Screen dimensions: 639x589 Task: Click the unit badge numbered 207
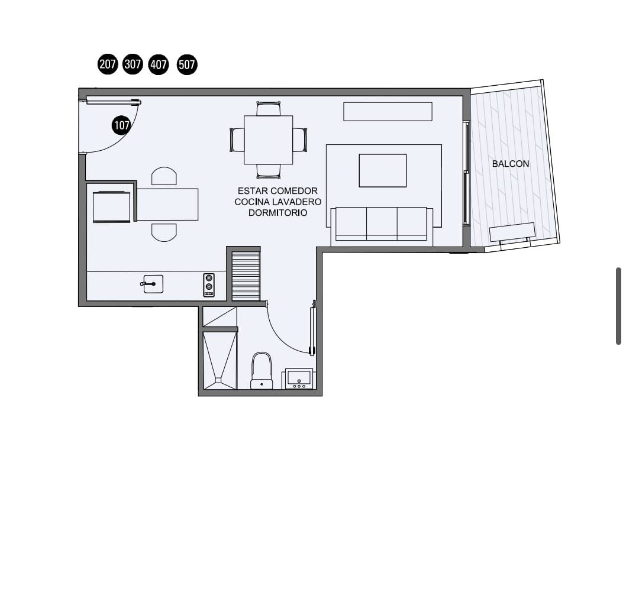(108, 64)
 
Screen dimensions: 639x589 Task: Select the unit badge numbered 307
(133, 64)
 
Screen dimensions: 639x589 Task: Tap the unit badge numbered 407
(159, 64)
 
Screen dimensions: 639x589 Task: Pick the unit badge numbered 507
(187, 64)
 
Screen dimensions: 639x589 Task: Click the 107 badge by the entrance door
(121, 125)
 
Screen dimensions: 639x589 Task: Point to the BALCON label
(511, 164)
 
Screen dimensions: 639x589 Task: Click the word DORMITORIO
(278, 213)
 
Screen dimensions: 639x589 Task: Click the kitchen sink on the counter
(153, 284)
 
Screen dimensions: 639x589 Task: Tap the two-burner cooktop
(209, 285)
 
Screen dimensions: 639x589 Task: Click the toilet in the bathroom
(262, 371)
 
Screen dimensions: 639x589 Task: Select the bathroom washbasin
(299, 379)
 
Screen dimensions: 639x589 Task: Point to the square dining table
(269, 140)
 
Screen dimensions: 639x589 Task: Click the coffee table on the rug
(383, 170)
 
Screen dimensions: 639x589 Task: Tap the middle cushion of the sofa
(382, 223)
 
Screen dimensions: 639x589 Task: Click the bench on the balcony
(512, 232)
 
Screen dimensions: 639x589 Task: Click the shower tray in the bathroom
(220, 361)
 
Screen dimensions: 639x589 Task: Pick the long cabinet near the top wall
(388, 112)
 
